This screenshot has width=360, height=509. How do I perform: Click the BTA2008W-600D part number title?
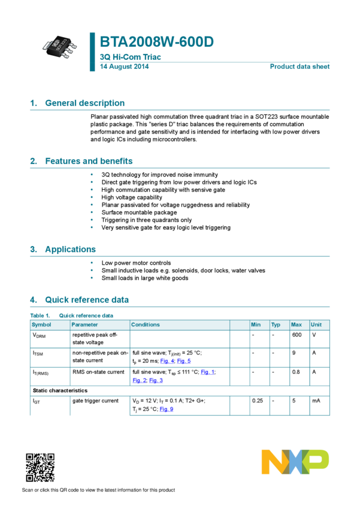[x=156, y=43]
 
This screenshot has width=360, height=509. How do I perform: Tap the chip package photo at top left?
[x=59, y=47]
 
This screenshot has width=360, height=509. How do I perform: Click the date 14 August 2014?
[x=124, y=66]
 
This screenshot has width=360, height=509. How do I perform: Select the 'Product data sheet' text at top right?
[x=300, y=66]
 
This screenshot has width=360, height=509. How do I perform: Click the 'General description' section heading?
[x=84, y=103]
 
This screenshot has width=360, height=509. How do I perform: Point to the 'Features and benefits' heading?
[x=89, y=161]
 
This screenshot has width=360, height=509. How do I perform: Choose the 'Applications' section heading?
[x=70, y=249]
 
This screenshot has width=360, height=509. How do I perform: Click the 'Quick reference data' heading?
[x=87, y=299]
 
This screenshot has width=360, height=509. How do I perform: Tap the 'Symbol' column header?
[x=41, y=325]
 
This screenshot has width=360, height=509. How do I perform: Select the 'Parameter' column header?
[x=84, y=325]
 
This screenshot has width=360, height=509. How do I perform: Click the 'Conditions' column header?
[x=146, y=325]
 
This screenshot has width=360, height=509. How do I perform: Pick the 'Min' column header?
[x=256, y=325]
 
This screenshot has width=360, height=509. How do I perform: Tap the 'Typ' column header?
[x=276, y=325]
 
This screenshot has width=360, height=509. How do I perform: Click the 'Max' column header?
[x=296, y=325]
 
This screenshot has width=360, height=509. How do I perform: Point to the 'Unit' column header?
[x=316, y=325]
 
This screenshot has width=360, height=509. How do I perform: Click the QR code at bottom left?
[x=40, y=468]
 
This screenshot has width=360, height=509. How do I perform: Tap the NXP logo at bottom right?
[x=295, y=462]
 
